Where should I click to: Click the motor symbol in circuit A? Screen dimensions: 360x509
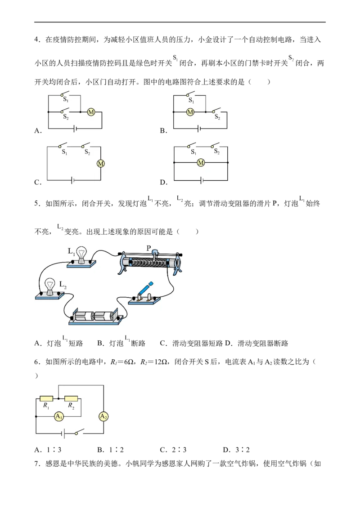tap(91, 112)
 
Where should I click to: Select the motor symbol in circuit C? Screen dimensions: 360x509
tap(101, 164)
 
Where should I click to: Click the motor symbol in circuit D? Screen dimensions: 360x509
tap(201, 163)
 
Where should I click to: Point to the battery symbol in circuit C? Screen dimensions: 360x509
tap(73, 180)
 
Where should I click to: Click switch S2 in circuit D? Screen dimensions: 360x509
tap(215, 145)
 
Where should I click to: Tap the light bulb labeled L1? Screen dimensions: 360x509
tap(81, 255)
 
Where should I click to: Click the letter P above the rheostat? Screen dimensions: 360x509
tap(149, 248)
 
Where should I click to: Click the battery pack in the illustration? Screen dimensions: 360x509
tap(96, 316)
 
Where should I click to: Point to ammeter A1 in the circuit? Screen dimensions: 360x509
tap(59, 416)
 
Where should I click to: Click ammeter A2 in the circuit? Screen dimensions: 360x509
tap(103, 416)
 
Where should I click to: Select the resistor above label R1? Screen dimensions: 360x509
tap(46, 398)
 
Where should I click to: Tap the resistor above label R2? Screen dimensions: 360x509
tap(71, 398)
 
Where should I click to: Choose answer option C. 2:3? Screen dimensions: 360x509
tap(173, 450)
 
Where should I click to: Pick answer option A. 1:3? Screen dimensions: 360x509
tap(48, 450)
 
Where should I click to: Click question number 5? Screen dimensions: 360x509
tap(37, 204)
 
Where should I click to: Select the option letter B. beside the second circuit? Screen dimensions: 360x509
tap(163, 131)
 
